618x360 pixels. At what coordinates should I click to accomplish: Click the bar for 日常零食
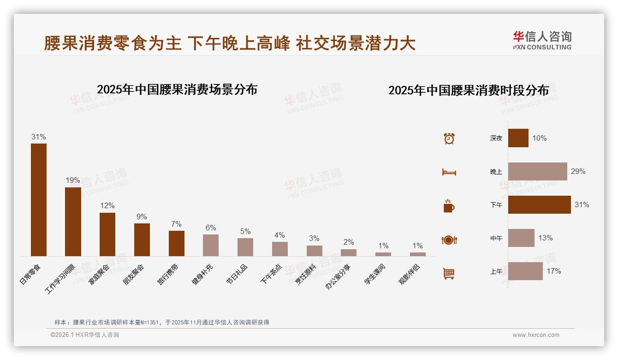(x=39, y=199)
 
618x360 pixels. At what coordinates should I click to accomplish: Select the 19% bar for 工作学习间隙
(x=73, y=222)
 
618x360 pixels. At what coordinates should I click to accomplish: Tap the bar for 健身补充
(x=211, y=245)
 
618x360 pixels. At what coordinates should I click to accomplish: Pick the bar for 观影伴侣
(x=418, y=254)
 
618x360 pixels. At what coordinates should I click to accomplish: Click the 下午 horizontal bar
(x=539, y=204)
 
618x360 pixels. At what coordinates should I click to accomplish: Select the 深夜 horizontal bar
(x=518, y=138)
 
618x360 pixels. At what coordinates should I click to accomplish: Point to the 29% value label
(x=578, y=171)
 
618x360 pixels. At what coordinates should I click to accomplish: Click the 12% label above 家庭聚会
(x=107, y=205)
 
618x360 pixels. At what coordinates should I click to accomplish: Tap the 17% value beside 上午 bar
(x=553, y=271)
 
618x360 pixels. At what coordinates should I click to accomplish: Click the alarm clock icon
(x=449, y=138)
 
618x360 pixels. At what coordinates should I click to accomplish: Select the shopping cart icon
(x=449, y=273)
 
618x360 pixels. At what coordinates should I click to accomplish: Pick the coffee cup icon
(x=449, y=206)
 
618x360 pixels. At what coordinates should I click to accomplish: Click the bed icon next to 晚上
(x=449, y=172)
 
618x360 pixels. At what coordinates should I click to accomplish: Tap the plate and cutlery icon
(x=449, y=240)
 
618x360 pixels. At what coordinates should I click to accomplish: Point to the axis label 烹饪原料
(x=305, y=275)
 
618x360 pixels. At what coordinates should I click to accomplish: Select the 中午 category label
(x=496, y=239)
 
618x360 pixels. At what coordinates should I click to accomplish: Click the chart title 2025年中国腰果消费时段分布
(x=468, y=90)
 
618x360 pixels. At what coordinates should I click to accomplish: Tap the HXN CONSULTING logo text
(x=542, y=47)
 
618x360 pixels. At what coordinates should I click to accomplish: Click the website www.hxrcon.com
(x=535, y=335)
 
